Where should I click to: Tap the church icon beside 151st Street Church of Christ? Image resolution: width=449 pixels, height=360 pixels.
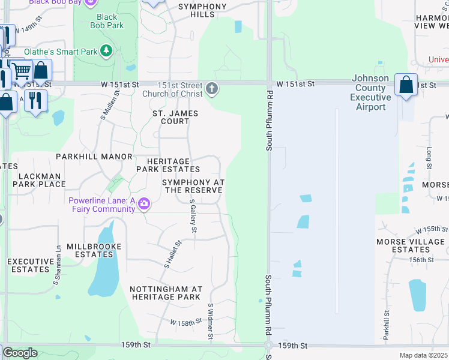[x=212, y=89]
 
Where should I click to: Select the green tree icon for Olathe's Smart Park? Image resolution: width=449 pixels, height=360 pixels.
[x=107, y=52]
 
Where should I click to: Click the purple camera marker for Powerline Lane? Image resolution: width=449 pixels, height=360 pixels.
[x=144, y=205]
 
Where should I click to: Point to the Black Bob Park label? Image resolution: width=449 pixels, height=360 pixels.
[x=107, y=22]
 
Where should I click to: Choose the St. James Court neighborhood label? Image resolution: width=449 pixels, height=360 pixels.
[x=175, y=117]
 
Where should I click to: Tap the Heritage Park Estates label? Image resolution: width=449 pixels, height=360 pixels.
[x=167, y=165]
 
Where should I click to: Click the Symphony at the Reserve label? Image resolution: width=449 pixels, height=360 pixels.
[x=193, y=186]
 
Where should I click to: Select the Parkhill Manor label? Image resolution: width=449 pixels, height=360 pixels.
[x=94, y=157]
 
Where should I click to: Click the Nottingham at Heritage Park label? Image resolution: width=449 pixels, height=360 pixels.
[x=166, y=293]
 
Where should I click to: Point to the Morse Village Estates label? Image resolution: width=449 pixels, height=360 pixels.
[x=411, y=245]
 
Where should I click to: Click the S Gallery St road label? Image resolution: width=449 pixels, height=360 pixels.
[x=193, y=216]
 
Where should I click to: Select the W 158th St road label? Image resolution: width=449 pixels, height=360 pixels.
[x=186, y=323]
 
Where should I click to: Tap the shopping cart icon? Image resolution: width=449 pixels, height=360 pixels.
[x=22, y=71]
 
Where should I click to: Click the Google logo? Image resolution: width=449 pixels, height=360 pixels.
[x=20, y=353]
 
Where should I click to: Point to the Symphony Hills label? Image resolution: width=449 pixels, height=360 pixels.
[x=203, y=10]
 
